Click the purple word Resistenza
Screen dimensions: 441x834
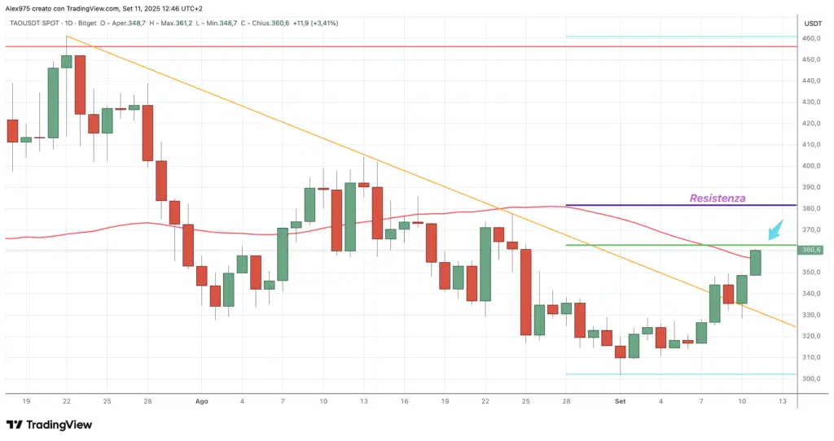point(718,198)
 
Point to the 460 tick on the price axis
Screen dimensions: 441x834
point(812,38)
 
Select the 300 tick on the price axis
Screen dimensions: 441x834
point(812,378)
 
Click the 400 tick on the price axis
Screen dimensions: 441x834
point(812,166)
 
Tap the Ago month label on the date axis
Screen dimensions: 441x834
point(202,401)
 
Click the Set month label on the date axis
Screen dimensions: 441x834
point(621,401)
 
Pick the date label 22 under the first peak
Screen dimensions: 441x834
point(66,401)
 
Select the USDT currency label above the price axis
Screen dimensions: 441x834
point(813,24)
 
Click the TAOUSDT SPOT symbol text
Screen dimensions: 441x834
point(31,23)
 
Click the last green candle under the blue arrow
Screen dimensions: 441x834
point(755,262)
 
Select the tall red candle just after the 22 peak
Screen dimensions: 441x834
point(80,85)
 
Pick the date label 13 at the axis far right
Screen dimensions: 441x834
point(782,401)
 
